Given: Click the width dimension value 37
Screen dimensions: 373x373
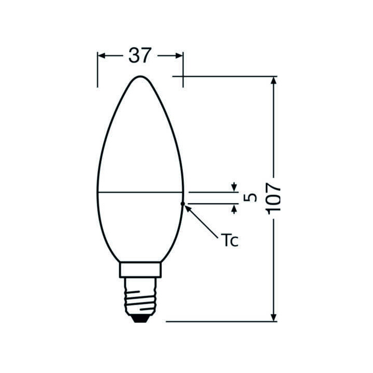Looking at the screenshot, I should click(140, 55).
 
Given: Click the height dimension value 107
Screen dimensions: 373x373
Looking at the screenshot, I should click(273, 197).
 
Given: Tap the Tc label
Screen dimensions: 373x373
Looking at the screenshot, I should click(229, 240).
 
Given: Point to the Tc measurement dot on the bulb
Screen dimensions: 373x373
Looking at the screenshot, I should click(182, 204).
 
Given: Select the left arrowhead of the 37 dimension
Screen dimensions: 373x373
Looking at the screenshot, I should click(102, 55).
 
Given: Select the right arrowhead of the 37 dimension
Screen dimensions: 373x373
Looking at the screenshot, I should click(179, 55).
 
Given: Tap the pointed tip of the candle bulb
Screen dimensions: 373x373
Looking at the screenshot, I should click(140, 78).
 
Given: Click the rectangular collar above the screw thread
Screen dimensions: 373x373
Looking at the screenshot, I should click(140, 269).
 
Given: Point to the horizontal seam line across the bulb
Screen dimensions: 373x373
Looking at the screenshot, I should click(140, 191).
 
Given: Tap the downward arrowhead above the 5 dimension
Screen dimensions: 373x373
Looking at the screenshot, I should click(234, 187).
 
